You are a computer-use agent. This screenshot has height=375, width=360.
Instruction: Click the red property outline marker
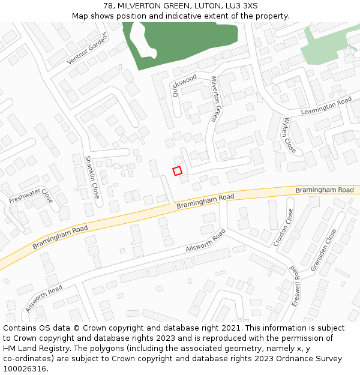click(x=177, y=171)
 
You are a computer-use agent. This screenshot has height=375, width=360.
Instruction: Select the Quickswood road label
click(x=184, y=85)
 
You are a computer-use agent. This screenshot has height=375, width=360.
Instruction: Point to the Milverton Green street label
click(x=216, y=99)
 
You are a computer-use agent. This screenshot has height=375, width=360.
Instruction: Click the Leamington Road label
click(x=326, y=107)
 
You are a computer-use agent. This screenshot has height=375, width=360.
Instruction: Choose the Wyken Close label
click(x=290, y=135)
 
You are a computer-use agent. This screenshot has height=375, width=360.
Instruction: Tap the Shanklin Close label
click(x=92, y=177)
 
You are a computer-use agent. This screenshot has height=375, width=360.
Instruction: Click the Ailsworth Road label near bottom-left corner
click(x=44, y=298)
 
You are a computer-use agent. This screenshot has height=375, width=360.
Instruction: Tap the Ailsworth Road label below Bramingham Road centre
click(x=206, y=240)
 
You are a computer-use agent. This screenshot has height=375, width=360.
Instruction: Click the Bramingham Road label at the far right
click(x=325, y=190)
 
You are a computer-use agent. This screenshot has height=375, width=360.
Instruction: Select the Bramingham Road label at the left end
click(x=60, y=236)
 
